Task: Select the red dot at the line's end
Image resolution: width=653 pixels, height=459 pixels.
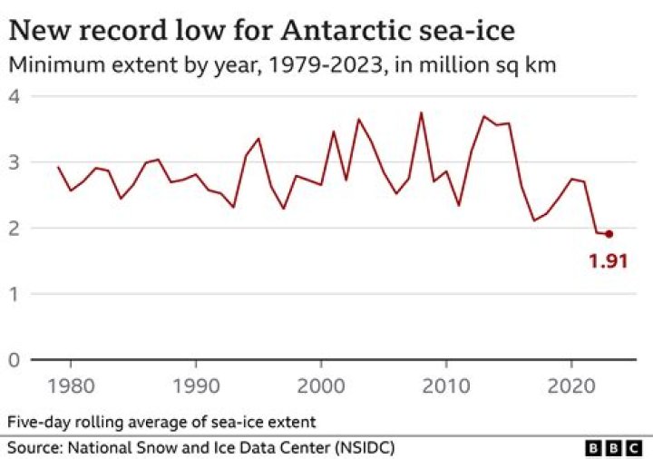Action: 609,234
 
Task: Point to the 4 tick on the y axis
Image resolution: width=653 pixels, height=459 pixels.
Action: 14,96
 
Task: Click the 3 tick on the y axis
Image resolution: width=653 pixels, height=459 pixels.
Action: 14,162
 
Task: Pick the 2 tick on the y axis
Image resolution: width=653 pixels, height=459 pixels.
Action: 14,229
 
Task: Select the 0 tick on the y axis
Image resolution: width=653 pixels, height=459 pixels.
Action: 14,360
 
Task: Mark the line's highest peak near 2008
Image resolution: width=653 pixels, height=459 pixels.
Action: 421,112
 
